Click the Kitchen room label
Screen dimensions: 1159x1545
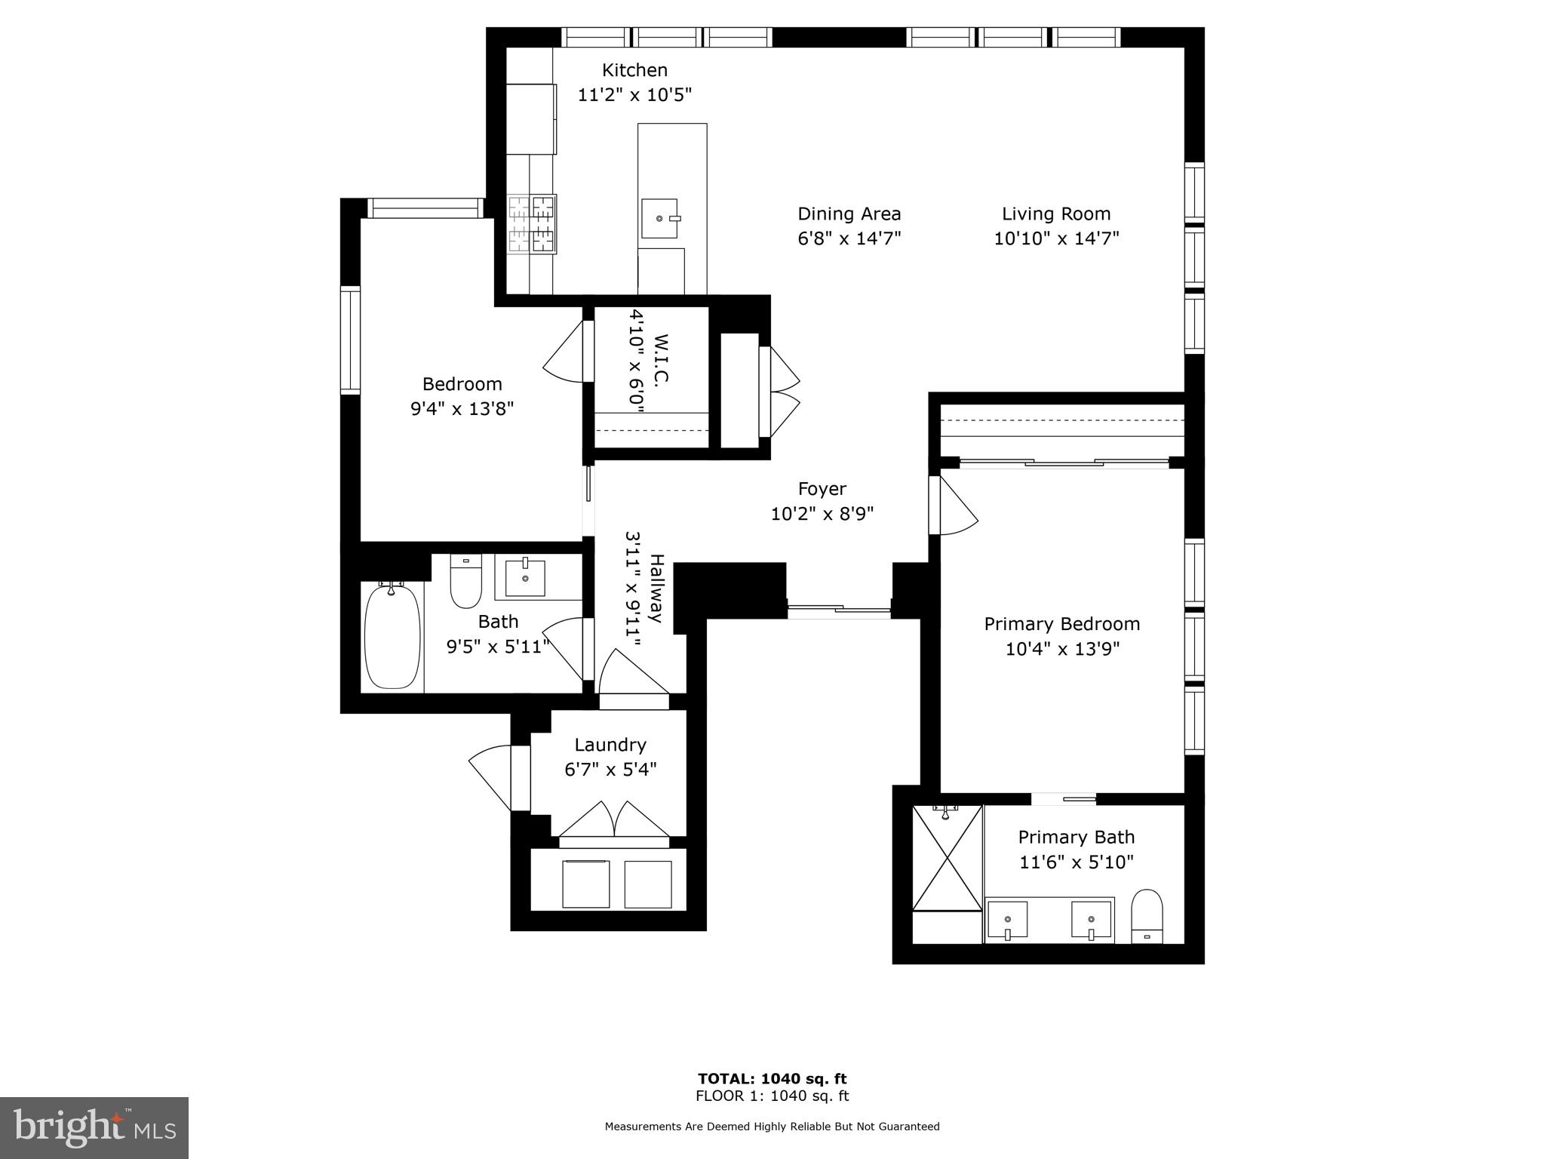pyautogui.click(x=634, y=70)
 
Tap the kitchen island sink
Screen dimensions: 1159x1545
pyautogui.click(x=660, y=218)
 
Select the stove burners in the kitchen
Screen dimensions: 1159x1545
pyautogui.click(x=532, y=223)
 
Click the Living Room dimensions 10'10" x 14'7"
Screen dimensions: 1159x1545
pyautogui.click(x=1056, y=238)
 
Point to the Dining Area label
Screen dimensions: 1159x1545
pyautogui.click(x=849, y=214)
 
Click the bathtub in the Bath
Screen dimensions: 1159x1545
pyautogui.click(x=392, y=637)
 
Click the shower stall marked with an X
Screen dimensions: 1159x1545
pyautogui.click(x=948, y=858)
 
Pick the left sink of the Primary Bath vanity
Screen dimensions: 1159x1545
pyautogui.click(x=1008, y=921)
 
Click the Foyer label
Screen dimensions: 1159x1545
pyautogui.click(x=822, y=489)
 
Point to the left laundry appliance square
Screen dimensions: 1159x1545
pyautogui.click(x=586, y=884)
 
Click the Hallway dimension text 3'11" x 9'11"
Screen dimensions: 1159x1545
pyautogui.click(x=634, y=589)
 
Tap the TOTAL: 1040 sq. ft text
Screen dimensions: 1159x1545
pyautogui.click(x=772, y=1079)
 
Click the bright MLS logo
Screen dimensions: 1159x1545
pyautogui.click(x=94, y=1127)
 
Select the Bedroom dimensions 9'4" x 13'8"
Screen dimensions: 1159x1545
pyautogui.click(x=462, y=409)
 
